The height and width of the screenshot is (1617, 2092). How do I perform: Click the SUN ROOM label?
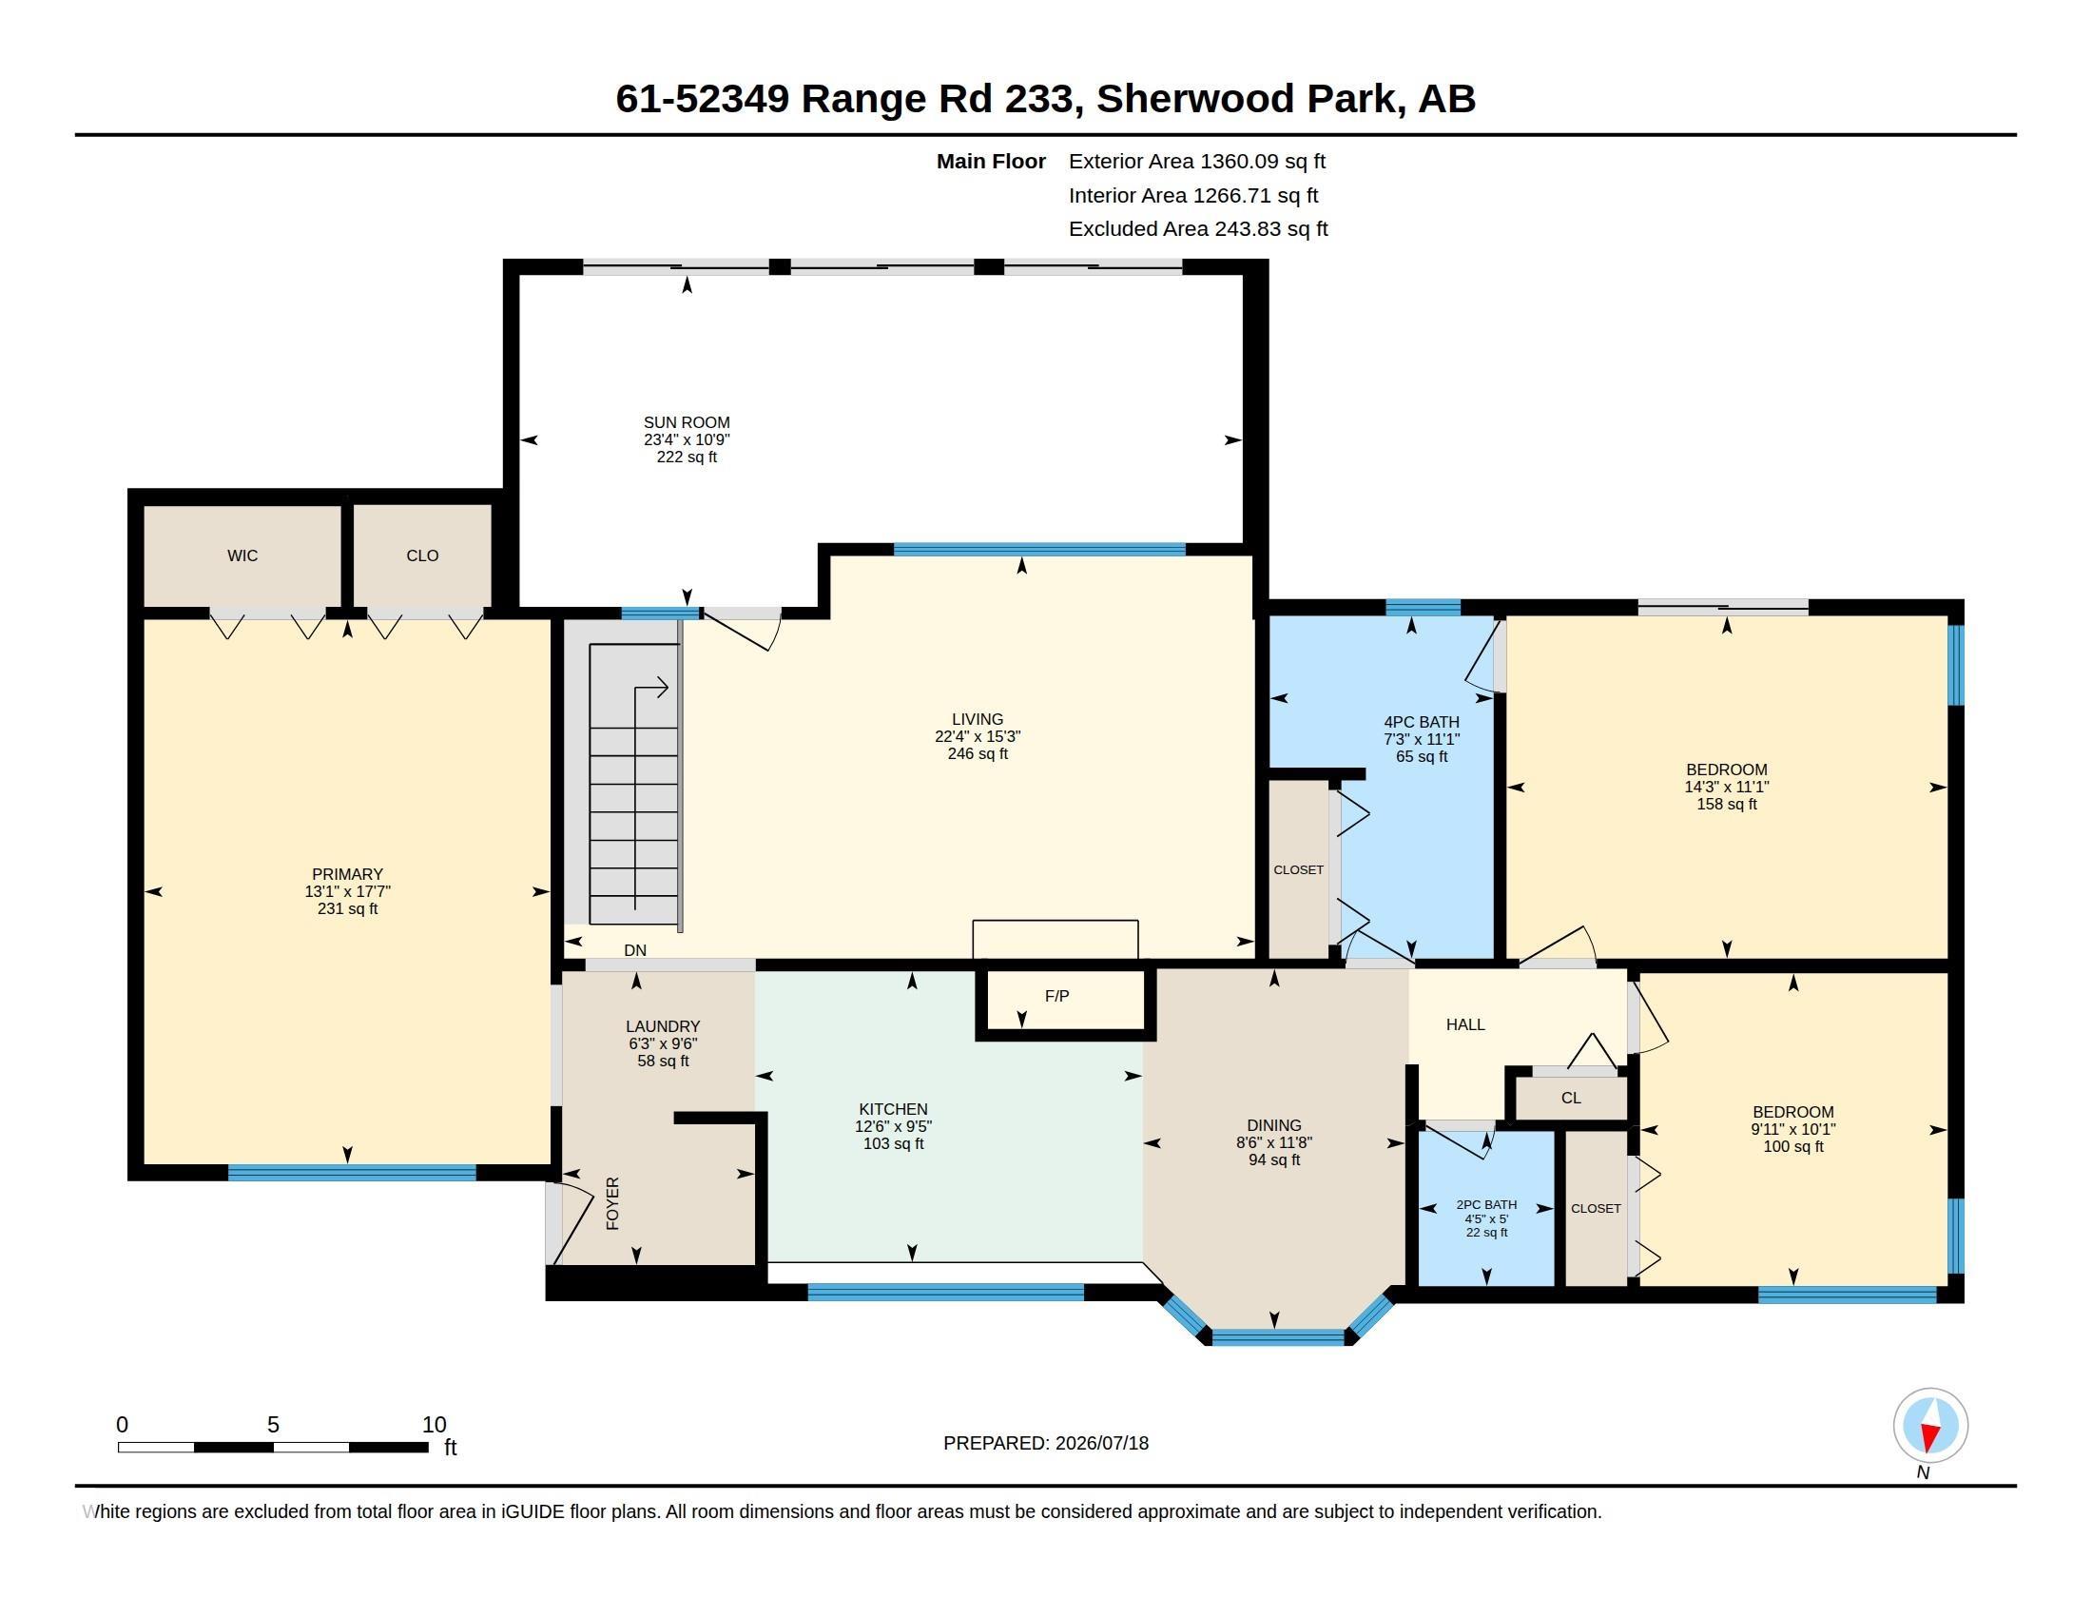coord(686,422)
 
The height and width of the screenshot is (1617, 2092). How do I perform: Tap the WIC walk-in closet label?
coord(242,555)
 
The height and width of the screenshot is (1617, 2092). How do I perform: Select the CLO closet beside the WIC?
coord(422,555)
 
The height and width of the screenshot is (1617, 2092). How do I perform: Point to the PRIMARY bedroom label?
coord(347,873)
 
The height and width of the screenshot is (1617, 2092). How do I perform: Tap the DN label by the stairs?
coord(635,950)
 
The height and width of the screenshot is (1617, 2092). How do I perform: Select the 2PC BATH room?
coord(1485,1208)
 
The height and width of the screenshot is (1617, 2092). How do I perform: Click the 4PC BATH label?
coord(1422,722)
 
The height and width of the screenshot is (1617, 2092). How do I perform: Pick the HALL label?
coord(1464,1025)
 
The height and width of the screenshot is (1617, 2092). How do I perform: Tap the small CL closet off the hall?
coord(1571,1098)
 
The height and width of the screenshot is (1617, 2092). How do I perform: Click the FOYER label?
coord(612,1203)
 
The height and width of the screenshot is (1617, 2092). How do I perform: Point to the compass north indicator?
coord(1930,1427)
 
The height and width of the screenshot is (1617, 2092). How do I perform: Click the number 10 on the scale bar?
coord(434,1425)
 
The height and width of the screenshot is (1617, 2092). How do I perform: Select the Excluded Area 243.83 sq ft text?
coord(1198,229)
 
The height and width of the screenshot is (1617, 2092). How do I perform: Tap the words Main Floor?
coord(991,162)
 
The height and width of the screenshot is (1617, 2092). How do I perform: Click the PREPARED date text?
coord(1046,1444)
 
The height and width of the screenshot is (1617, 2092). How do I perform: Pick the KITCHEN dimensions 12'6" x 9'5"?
coord(893,1126)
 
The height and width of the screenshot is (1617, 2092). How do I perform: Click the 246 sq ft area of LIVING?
coord(977,754)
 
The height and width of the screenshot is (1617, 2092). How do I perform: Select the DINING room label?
coord(1274,1125)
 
